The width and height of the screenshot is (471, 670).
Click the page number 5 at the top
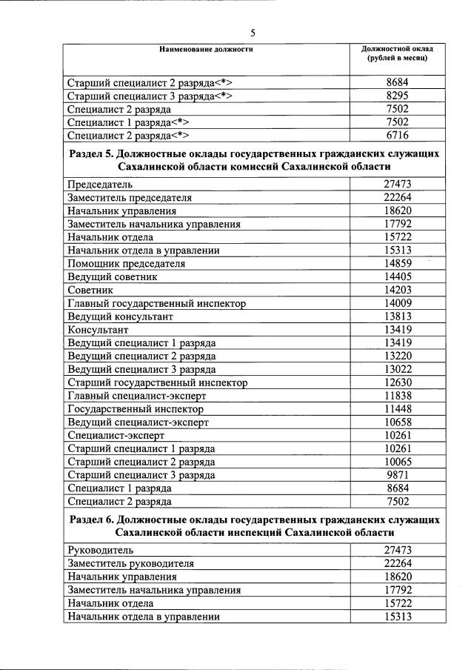(253, 33)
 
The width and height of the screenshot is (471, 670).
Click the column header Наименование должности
(206, 49)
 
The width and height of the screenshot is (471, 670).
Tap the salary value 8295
(397, 96)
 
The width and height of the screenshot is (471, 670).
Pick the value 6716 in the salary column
(397, 135)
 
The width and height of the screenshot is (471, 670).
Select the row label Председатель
(100, 184)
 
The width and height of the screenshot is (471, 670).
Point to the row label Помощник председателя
(126, 263)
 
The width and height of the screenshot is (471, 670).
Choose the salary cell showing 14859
(397, 263)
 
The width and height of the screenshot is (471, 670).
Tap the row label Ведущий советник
(112, 276)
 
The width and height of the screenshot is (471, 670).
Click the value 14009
(397, 303)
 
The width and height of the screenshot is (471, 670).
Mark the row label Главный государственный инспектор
(156, 303)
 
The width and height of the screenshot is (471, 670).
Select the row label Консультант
(98, 329)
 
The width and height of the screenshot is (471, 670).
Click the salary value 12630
(397, 382)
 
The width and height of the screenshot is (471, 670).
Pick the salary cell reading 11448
(397, 409)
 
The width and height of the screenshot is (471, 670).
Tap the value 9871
(397, 475)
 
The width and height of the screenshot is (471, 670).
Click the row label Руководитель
(100, 550)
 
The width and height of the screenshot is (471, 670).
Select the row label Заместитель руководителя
(130, 563)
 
